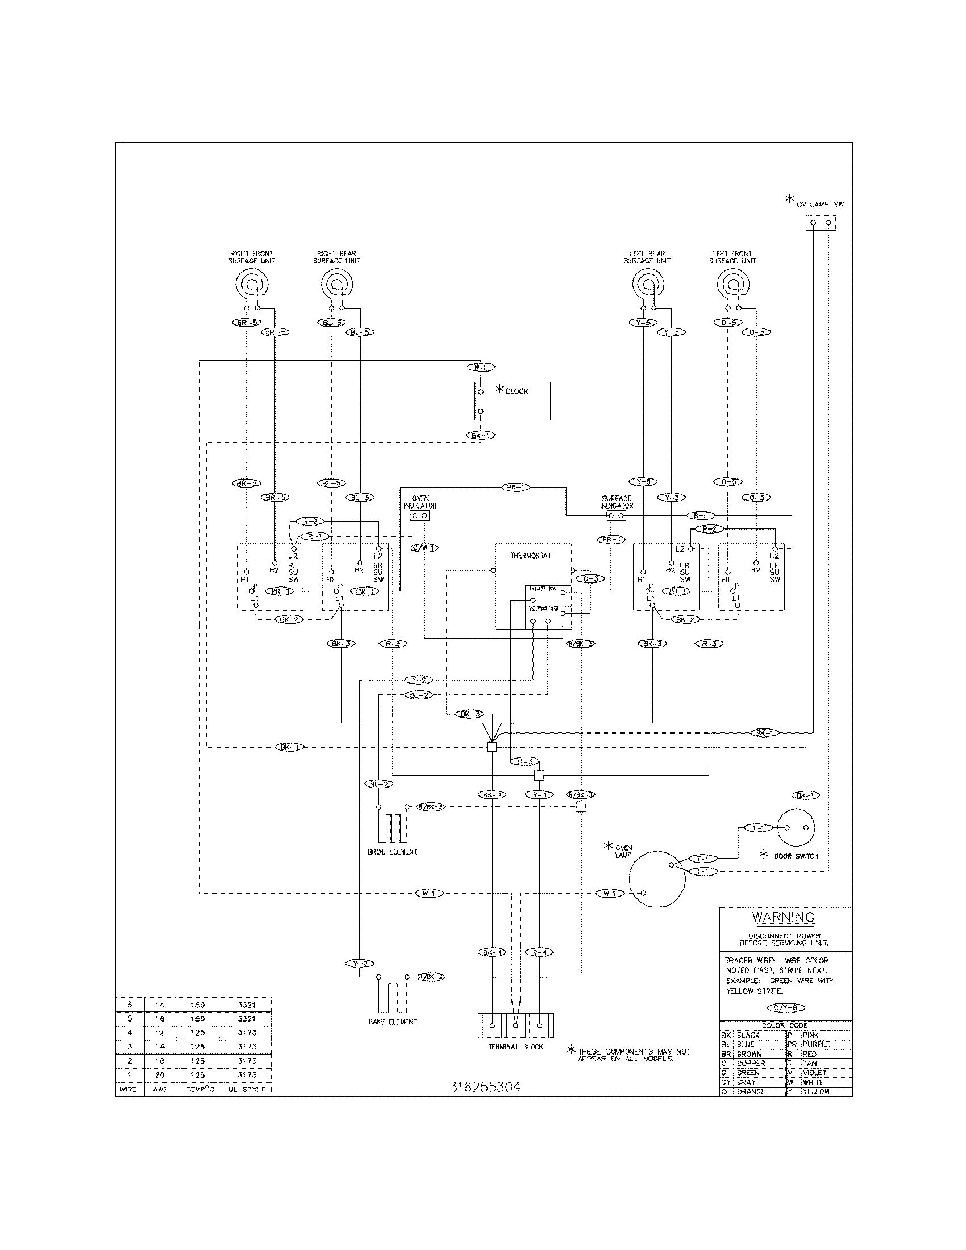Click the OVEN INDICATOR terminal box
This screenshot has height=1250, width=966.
(420, 516)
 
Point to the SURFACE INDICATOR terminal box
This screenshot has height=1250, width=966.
(616, 516)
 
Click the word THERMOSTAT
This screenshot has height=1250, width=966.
(531, 555)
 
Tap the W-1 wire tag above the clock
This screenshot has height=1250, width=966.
(480, 367)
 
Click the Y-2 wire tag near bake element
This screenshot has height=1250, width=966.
(359, 963)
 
